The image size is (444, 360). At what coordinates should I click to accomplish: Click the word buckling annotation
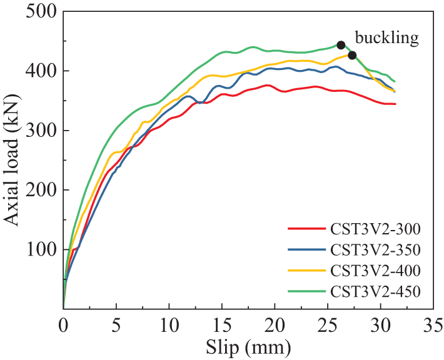(x=388, y=38)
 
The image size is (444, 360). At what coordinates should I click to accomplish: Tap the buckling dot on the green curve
(x=341, y=45)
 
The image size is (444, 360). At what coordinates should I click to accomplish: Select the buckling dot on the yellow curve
(x=352, y=55)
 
